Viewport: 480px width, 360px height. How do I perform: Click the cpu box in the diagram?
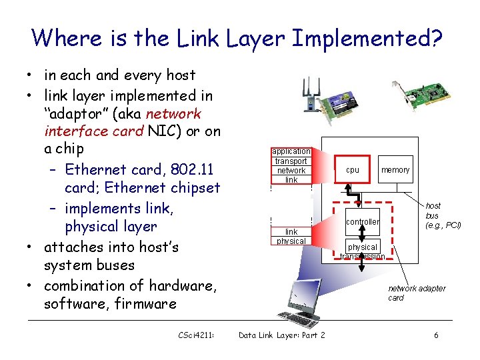coord(353,170)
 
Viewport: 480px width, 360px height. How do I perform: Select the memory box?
coord(395,170)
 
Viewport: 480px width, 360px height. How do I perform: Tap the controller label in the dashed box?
coord(363,221)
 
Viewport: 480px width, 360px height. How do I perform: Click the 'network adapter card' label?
coord(417,293)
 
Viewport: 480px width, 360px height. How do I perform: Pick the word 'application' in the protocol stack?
coord(291,151)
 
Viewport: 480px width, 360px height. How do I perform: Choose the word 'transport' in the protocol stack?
coord(291,161)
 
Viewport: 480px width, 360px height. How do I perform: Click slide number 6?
coord(436,335)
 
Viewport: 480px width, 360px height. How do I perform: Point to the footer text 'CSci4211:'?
coord(196,335)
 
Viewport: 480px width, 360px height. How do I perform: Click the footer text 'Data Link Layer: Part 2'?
coord(281,335)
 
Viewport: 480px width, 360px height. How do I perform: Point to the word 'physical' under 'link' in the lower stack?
coord(291,241)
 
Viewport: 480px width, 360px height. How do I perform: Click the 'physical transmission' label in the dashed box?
coord(363,251)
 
